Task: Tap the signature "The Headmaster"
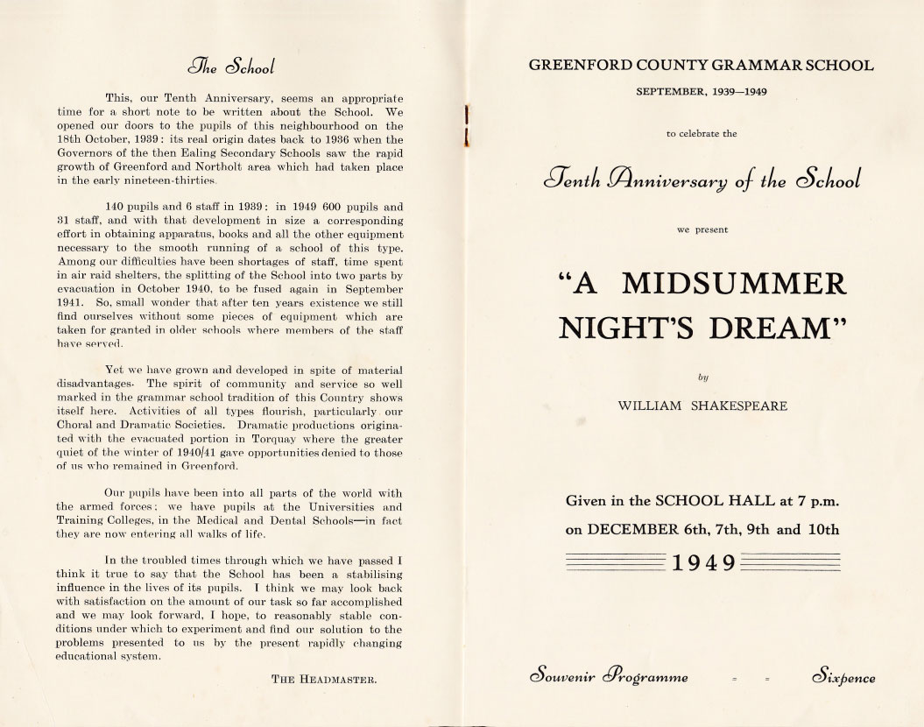coord(324,678)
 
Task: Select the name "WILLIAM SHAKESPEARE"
coord(702,406)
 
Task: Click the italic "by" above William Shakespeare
coord(702,377)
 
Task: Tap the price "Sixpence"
coord(843,677)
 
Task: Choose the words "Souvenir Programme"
coord(609,677)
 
